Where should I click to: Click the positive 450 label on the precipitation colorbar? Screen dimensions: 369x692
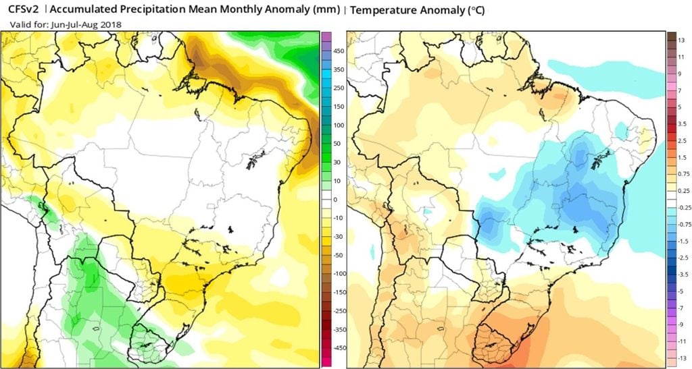339,51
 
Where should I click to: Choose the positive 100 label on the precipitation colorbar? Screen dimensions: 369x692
339,125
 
